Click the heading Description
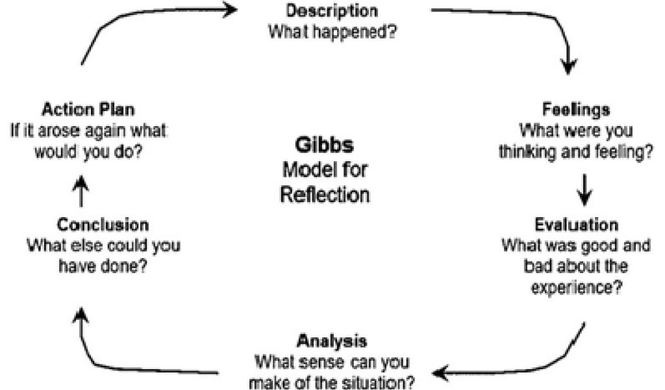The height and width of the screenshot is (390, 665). pyautogui.click(x=332, y=10)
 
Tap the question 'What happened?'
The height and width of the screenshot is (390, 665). pyautogui.click(x=332, y=32)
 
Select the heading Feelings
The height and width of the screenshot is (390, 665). pyautogui.click(x=576, y=110)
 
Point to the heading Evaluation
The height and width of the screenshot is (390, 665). pyautogui.click(x=577, y=224)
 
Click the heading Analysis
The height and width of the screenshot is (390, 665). pyautogui.click(x=332, y=341)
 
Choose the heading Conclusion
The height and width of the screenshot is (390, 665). pyautogui.click(x=103, y=224)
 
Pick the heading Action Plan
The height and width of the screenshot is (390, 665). pyautogui.click(x=88, y=109)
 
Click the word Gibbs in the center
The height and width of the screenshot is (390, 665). pyautogui.click(x=325, y=145)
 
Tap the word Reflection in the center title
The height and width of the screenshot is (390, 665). pyautogui.click(x=325, y=195)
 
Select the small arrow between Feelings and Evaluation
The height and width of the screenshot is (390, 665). pyautogui.click(x=584, y=190)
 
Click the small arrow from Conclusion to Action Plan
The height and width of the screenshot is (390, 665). pyautogui.click(x=81, y=192)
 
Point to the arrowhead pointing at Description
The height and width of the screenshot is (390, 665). pyautogui.click(x=229, y=9)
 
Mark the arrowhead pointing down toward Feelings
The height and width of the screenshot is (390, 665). pyautogui.click(x=569, y=66)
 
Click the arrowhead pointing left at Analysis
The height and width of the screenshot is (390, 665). pyautogui.click(x=441, y=374)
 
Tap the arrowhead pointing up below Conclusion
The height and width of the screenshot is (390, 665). pyautogui.click(x=81, y=316)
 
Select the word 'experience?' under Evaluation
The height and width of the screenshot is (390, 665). pyautogui.click(x=577, y=288)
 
